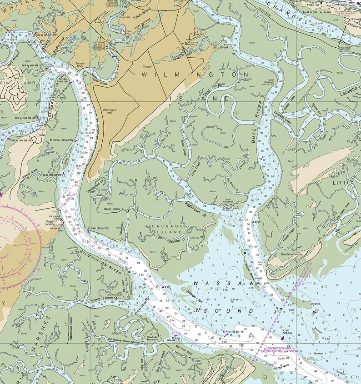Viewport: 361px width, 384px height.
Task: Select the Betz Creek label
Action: click(x=221, y=47)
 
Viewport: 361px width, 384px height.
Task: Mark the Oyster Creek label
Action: click(x=288, y=102)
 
